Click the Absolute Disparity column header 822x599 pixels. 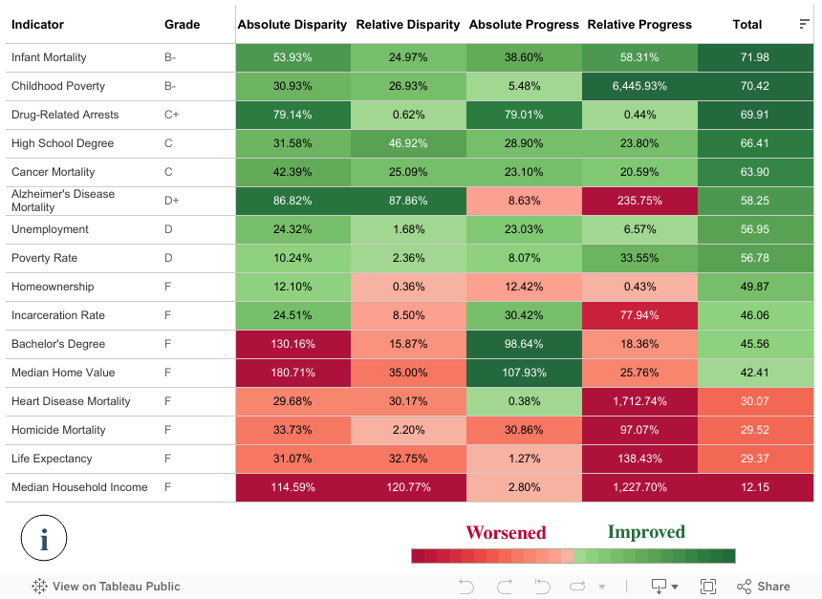pos(292,25)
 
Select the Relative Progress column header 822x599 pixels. pos(638,25)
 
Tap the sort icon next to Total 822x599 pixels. pos(804,24)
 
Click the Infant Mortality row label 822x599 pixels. pos(51,57)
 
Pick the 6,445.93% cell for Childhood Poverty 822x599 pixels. pos(638,86)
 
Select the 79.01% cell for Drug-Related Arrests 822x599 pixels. pos(523,115)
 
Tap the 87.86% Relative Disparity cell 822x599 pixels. pos(407,201)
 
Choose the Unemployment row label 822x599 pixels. pos(50,229)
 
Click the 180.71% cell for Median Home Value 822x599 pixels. pos(292,373)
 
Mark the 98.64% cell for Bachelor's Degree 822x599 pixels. pos(523,344)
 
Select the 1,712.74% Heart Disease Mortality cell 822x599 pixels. pos(638,401)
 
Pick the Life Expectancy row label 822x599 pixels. pos(52,459)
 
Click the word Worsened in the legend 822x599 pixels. pos(506,533)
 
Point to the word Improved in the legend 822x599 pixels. pos(646,532)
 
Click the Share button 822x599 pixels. pos(763,587)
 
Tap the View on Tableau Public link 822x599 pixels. pos(106,587)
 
